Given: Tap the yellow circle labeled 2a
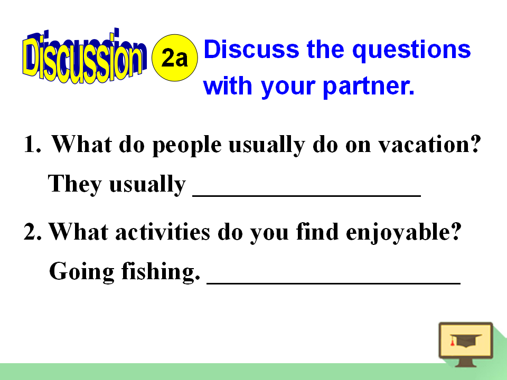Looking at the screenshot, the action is [x=175, y=58].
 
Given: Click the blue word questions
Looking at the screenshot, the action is [x=411, y=51].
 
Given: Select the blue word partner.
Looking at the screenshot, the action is [x=369, y=87].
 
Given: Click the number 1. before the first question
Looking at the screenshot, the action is [x=33, y=144].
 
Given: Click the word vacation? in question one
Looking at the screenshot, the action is [x=430, y=144].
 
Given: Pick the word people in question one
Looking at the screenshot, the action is [x=187, y=146].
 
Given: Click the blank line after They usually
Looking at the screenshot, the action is [x=306, y=195].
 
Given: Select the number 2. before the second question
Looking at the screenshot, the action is [x=33, y=232].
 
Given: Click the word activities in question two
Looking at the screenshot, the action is [x=163, y=232].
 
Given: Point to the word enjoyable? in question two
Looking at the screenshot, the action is [x=403, y=233].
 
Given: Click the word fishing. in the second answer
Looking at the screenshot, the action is [x=161, y=271].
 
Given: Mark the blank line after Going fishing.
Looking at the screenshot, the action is [x=333, y=283].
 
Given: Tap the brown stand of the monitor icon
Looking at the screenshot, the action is [x=466, y=363].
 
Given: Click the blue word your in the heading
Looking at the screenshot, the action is [x=288, y=87].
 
